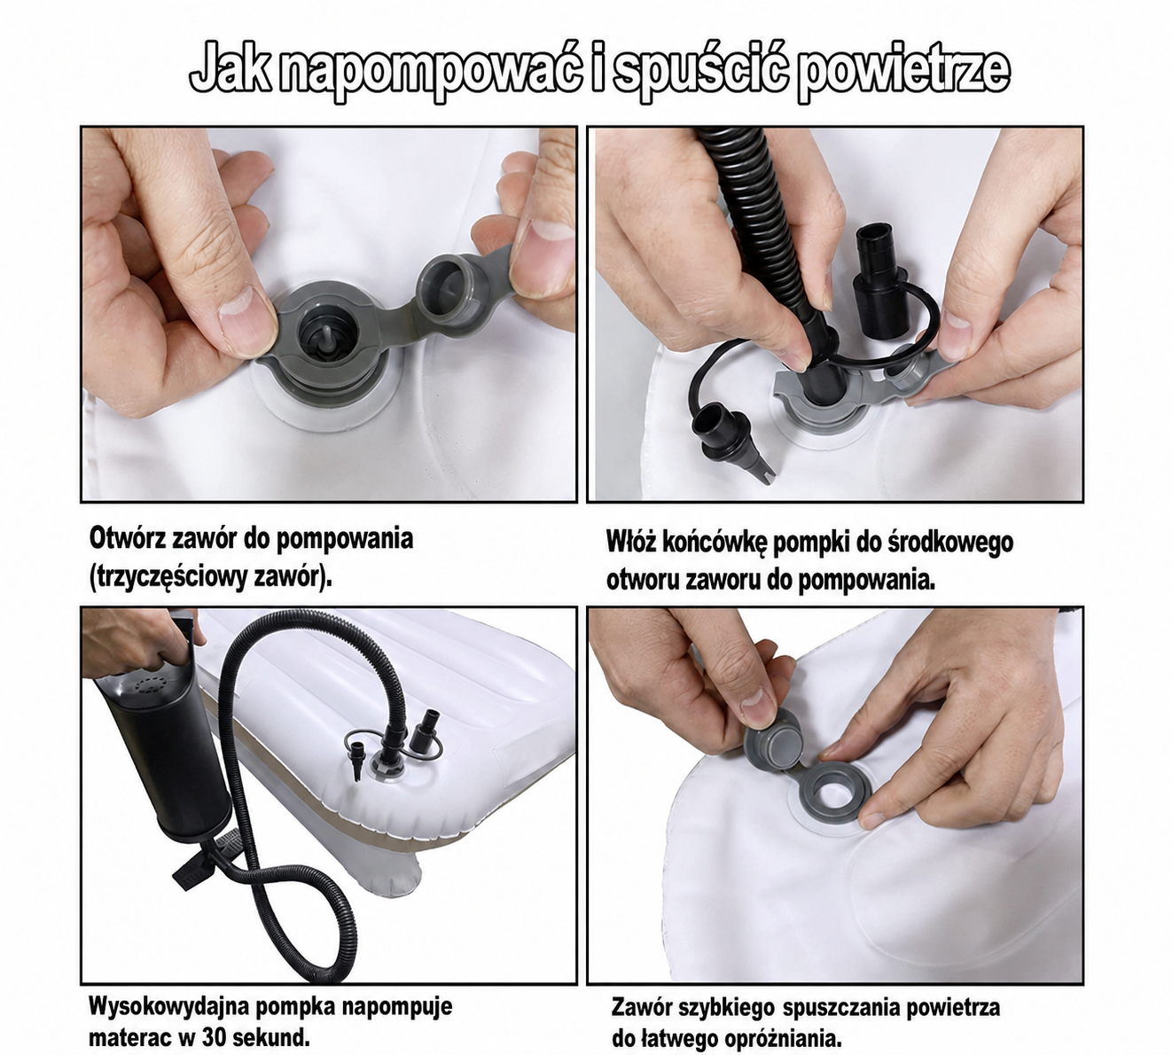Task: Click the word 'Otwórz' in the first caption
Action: pos(128,538)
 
